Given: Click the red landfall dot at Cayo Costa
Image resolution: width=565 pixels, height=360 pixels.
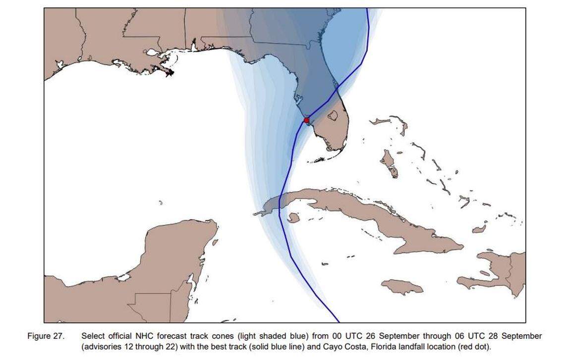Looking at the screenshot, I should (306, 120).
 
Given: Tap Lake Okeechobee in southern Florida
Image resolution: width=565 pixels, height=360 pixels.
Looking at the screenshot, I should (333, 115).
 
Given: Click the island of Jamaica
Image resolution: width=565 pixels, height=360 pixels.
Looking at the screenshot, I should (402, 287).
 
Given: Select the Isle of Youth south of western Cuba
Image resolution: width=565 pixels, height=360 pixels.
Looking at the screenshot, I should (293, 217).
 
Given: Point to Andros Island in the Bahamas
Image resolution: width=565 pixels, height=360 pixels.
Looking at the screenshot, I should (389, 163).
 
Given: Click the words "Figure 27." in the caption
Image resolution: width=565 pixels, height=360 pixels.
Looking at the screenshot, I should (46, 336).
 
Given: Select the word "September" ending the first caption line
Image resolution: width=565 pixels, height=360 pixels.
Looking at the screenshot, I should (522, 336).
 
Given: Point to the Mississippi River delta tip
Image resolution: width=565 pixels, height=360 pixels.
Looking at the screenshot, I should (170, 73).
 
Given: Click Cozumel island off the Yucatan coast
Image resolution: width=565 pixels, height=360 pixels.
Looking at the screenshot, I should (215, 243).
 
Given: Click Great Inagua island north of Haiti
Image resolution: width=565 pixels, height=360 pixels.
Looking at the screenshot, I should (479, 229).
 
